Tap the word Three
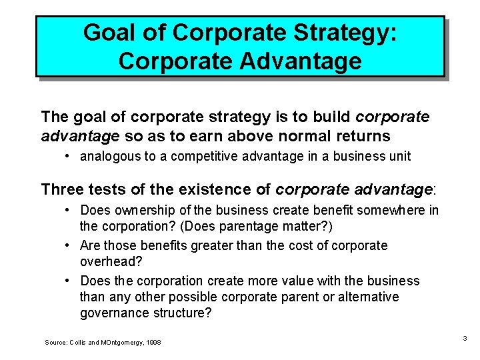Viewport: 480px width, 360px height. (64, 189)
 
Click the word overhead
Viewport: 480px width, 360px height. (107, 261)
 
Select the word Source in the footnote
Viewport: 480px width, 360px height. (55, 342)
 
